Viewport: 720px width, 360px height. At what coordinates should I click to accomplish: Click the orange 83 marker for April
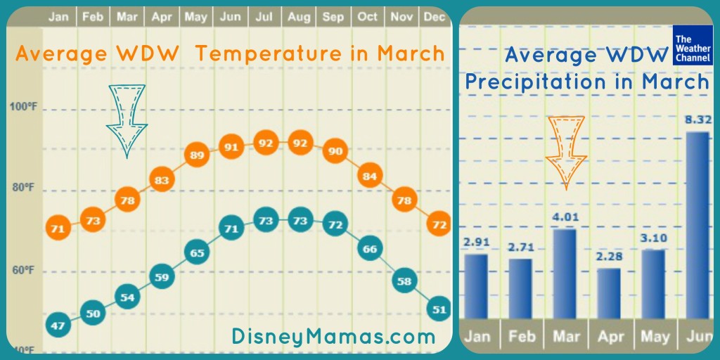tap(162, 180)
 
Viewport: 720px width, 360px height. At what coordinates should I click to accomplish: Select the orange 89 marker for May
tap(197, 155)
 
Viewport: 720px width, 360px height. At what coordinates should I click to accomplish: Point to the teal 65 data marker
tap(197, 252)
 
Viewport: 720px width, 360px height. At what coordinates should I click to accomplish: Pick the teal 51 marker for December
tap(439, 309)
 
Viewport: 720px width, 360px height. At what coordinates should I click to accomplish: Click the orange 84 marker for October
tap(370, 176)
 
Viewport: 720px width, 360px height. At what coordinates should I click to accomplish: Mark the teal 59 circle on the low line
tap(162, 277)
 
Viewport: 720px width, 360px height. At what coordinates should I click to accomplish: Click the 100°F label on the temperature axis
tap(22, 107)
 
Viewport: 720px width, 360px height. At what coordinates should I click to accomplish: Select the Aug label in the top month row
tap(299, 17)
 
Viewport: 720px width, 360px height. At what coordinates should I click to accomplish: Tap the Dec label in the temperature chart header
tap(435, 17)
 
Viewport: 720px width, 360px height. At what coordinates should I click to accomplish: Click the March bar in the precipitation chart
tap(565, 274)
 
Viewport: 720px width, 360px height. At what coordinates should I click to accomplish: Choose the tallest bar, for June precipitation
tap(697, 226)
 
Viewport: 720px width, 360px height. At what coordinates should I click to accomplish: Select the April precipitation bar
tap(609, 294)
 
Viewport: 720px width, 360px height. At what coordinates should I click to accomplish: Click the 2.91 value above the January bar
tap(476, 242)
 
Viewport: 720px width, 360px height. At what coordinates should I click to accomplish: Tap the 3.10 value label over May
tap(653, 238)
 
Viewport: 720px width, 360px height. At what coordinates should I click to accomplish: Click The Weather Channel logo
tap(693, 45)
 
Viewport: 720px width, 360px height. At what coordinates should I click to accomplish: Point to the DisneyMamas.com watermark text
tap(333, 337)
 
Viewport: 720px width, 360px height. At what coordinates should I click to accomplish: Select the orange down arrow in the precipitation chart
tap(566, 153)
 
